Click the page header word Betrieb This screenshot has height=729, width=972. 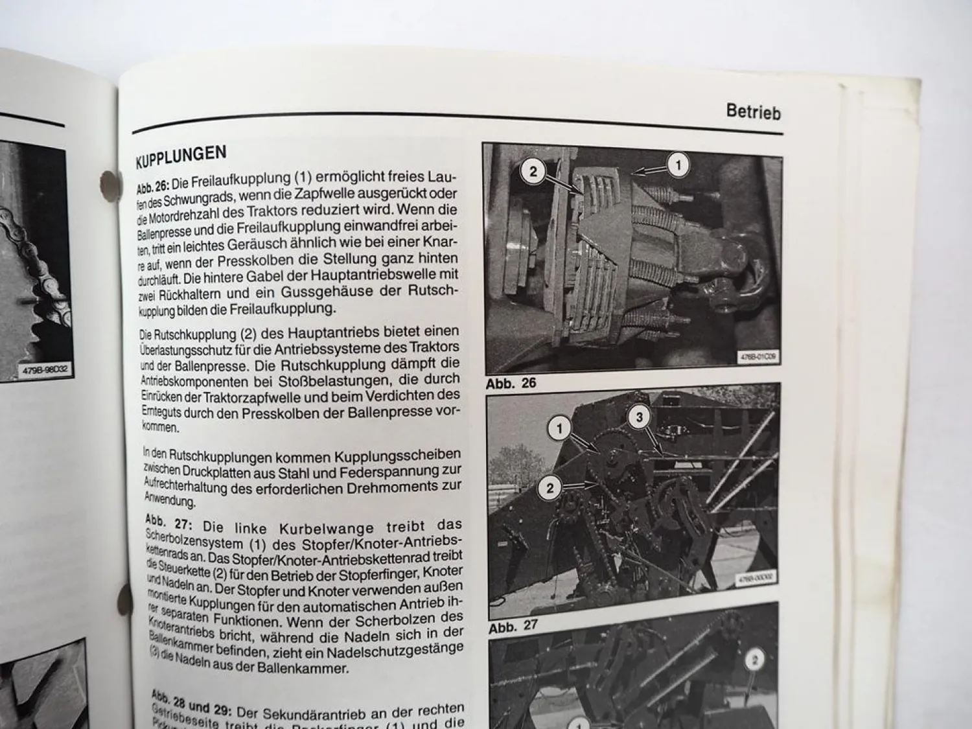[753, 111]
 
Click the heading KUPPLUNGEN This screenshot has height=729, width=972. [181, 156]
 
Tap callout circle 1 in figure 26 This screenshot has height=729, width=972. [678, 165]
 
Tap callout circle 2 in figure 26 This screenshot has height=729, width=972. [533, 172]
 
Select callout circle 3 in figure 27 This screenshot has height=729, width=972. [639, 417]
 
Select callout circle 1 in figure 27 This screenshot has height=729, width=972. [559, 428]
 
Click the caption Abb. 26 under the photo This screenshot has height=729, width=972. [511, 383]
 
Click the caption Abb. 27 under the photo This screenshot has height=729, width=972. [513, 627]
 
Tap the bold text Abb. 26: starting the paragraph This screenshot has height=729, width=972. [152, 186]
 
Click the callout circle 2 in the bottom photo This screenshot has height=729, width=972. [754, 660]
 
